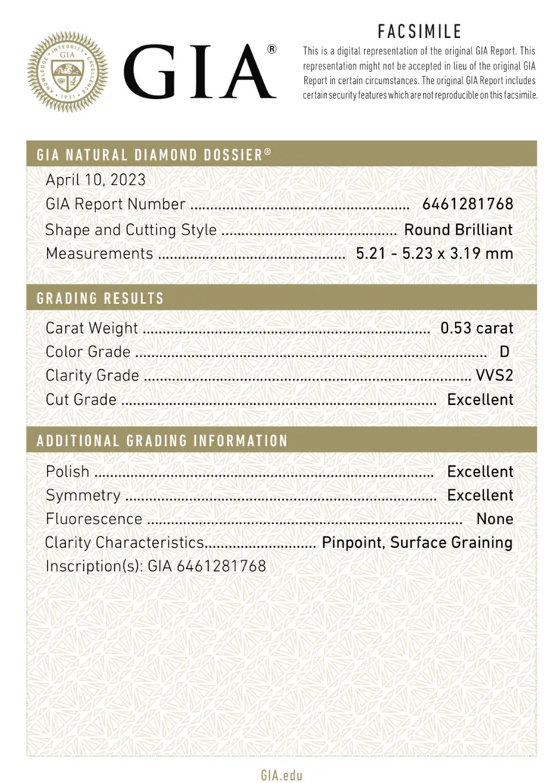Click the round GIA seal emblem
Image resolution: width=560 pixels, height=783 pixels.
[68, 72]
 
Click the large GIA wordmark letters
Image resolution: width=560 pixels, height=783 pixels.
[199, 71]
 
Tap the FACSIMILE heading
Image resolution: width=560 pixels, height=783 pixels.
[419, 31]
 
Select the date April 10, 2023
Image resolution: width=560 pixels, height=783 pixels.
[95, 180]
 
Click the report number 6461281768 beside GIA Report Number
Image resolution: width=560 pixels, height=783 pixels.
[468, 204]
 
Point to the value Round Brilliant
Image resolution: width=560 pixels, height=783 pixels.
[458, 230]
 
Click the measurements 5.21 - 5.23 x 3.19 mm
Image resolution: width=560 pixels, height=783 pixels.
[434, 253]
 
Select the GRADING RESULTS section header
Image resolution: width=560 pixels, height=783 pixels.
[101, 298]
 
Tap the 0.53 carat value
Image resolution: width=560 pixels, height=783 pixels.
[477, 328]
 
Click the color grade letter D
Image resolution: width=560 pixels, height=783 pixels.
[505, 352]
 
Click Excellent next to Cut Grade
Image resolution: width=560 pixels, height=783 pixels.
[480, 399]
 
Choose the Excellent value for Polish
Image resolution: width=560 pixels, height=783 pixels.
[480, 472]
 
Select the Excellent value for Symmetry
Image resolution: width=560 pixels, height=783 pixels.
[480, 496]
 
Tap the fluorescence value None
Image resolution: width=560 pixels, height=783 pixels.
[495, 519]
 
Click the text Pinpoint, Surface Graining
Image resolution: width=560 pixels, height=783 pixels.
[417, 542]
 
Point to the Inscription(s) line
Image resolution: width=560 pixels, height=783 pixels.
[156, 566]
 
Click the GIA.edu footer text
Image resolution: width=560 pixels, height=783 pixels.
[282, 775]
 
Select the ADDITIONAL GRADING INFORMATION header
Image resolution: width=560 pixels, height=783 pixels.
[163, 441]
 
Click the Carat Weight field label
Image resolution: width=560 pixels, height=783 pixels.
[92, 328]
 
